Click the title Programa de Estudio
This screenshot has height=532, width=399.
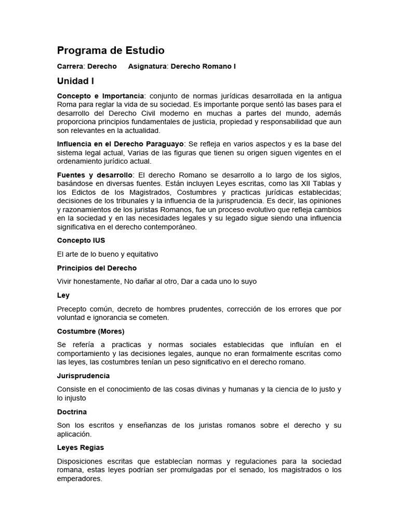coord(111,50)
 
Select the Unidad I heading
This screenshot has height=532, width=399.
coord(75,81)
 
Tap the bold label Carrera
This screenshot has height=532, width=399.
coord(71,66)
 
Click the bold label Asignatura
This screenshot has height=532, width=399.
coord(148,66)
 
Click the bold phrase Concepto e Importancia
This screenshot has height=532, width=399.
coord(100,97)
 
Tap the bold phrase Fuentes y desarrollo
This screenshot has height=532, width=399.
coord(95,175)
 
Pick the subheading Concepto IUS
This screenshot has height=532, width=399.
coord(81,241)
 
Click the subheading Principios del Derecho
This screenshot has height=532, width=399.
coord(97,268)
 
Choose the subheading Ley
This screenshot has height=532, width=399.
coord(63,295)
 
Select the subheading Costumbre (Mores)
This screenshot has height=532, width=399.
coord(90,331)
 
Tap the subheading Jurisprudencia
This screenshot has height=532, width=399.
coord(83,376)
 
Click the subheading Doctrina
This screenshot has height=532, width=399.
coord(72,411)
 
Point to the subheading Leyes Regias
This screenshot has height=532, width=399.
coord(81,447)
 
